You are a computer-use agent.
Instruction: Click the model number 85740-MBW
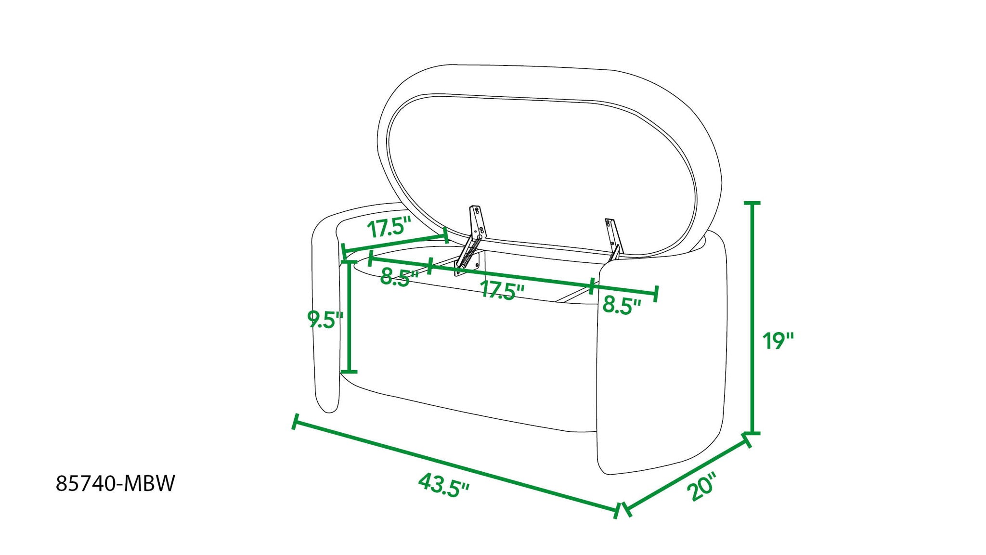point(116,483)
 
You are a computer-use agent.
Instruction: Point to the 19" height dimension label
point(777,341)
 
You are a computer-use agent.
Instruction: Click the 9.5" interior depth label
point(325,319)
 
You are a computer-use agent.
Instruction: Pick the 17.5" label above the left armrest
point(389,227)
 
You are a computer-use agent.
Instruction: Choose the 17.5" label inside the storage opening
point(502,290)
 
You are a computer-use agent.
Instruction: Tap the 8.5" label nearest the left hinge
point(399,278)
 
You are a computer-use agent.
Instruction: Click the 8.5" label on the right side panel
point(622,305)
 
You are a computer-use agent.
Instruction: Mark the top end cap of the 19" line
point(752,204)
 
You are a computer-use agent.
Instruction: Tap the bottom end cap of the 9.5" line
point(349,372)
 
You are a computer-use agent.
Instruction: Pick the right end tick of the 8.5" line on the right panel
point(656,293)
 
